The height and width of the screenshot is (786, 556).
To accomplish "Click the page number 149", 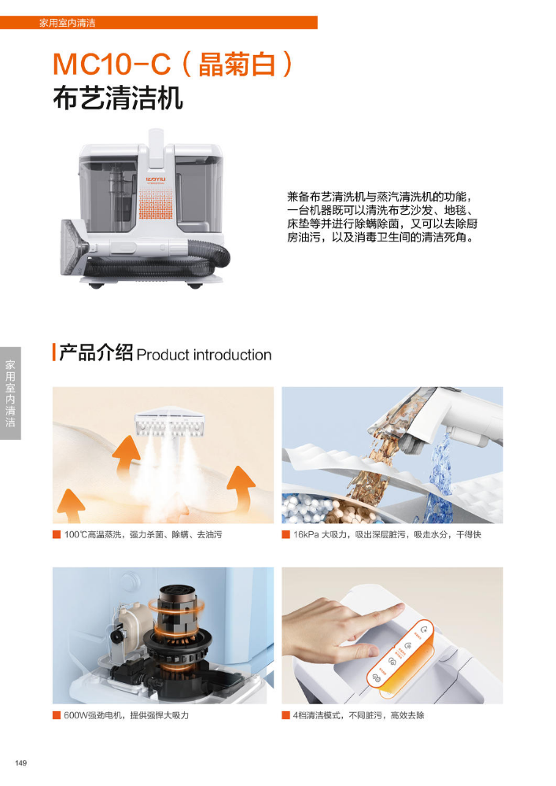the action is point(20,763).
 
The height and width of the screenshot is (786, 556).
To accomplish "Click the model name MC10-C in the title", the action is point(112,65).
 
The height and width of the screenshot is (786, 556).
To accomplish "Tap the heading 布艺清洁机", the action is point(118,98).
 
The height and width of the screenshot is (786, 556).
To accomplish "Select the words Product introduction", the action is point(204,355).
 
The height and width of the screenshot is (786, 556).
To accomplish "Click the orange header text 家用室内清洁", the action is point(67,23).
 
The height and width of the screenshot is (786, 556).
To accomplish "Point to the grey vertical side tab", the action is point(10,393).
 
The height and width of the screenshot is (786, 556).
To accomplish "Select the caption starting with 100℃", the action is point(143,535).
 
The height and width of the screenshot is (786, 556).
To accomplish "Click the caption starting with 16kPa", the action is point(387,535).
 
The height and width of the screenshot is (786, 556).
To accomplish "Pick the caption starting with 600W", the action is point(127,715).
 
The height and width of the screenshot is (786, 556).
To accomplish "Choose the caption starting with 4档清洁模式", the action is point(359,715).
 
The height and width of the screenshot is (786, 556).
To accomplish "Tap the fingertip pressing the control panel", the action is point(396,610).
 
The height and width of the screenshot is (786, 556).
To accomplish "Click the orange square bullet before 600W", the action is point(57,715).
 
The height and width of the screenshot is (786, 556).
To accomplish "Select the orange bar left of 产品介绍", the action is point(54,352).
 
